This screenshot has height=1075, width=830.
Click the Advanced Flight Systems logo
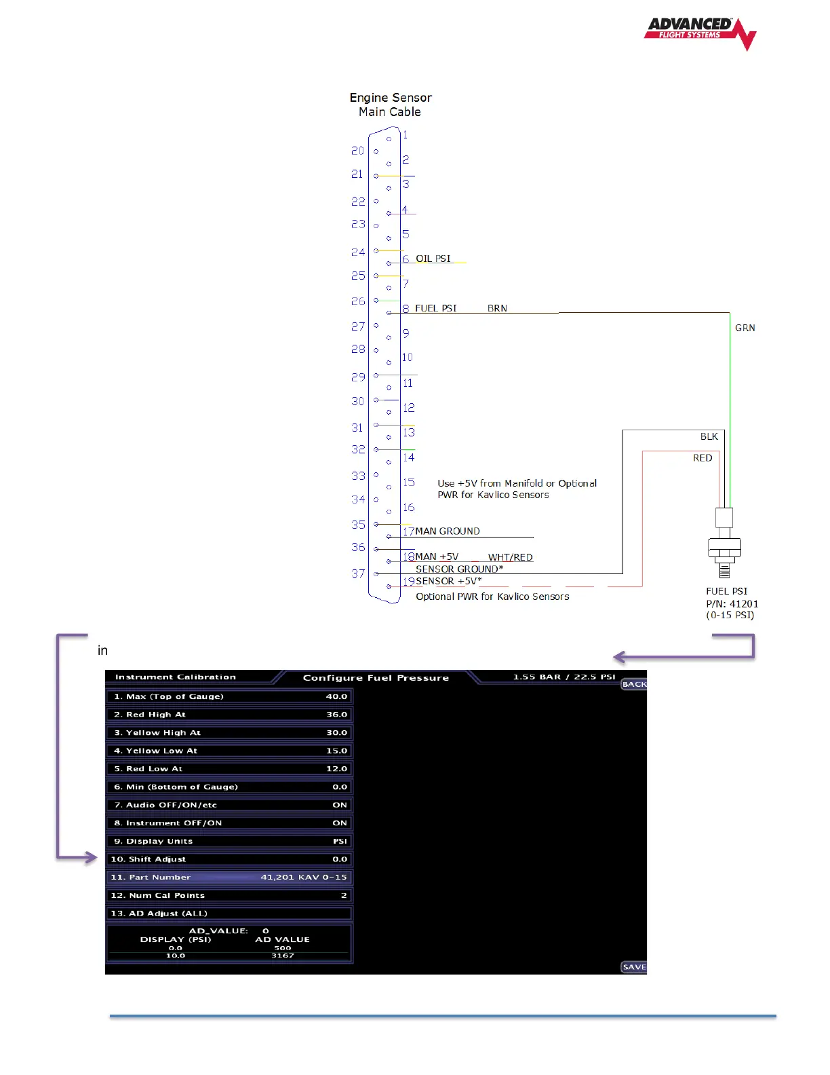[x=699, y=33]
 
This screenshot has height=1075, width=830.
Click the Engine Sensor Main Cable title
[x=391, y=105]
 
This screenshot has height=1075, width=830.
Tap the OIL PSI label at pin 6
[x=433, y=259]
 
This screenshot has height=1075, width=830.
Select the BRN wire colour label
[x=497, y=308]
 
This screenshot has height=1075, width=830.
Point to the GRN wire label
[x=745, y=328]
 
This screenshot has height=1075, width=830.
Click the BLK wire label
[x=709, y=436]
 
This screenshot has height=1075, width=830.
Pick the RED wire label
[x=703, y=458]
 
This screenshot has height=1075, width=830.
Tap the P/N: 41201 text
[x=732, y=604]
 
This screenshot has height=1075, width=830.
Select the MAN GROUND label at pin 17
[x=448, y=531]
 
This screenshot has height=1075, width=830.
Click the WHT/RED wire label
[x=510, y=557]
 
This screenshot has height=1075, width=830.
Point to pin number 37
[x=358, y=573]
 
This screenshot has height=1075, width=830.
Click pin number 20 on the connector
[x=357, y=151]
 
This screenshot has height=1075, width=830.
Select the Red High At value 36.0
[x=337, y=715]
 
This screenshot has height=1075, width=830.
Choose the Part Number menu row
[x=229, y=878]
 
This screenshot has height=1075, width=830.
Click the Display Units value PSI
[x=340, y=842]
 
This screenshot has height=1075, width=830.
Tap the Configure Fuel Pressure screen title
[x=376, y=678]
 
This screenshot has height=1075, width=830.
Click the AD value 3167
[x=283, y=956]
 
